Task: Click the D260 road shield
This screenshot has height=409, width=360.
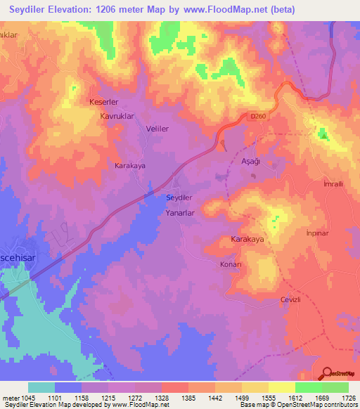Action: (x=257, y=119)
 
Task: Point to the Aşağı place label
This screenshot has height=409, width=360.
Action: (x=242, y=161)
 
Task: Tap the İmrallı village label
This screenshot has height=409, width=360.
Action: (x=332, y=183)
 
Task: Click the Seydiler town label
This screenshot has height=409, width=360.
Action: (x=179, y=198)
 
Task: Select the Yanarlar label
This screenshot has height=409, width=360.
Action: (x=179, y=212)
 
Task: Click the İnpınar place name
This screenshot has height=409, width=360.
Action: (x=317, y=233)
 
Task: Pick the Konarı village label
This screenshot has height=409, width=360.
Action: (x=229, y=264)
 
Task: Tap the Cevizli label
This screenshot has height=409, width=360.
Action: (x=290, y=299)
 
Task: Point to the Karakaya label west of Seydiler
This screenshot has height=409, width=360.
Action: (x=130, y=166)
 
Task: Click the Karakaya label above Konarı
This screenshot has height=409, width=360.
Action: (x=247, y=240)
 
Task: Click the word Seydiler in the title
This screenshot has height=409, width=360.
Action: (x=33, y=9)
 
